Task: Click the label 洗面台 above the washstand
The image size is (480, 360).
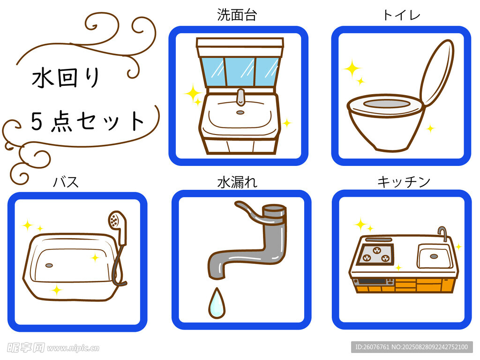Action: [237, 15]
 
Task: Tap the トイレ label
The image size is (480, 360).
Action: [401, 15]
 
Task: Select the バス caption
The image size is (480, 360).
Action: [66, 182]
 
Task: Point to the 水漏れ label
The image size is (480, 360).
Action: [237, 182]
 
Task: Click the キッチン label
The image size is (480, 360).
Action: [404, 182]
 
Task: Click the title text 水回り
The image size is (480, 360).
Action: [66, 77]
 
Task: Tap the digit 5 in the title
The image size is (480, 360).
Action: [37, 121]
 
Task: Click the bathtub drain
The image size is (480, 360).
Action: [49, 265]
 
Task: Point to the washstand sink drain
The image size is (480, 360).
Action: [240, 112]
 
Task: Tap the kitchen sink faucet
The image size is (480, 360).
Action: [442, 233]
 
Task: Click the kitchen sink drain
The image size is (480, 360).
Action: [434, 256]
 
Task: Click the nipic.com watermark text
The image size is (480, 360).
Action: [73, 348]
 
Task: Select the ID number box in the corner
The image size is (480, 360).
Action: [412, 347]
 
